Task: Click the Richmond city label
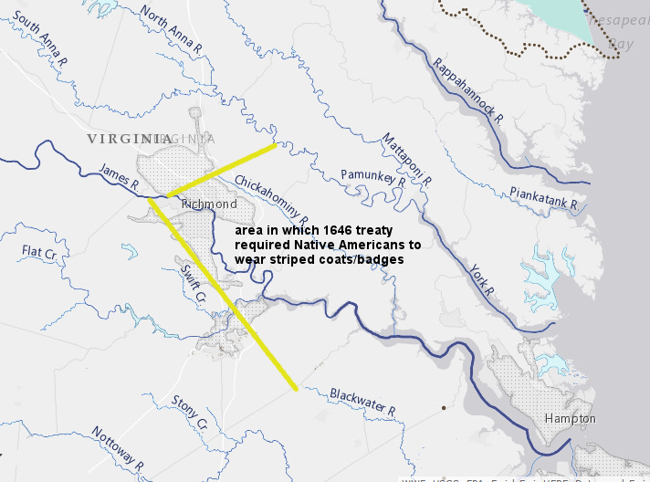pyautogui.click(x=209, y=204)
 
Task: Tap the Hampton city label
pyautogui.click(x=570, y=419)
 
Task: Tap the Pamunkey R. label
pyautogui.click(x=372, y=177)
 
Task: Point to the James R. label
pyautogui.click(x=120, y=176)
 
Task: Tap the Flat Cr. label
pyautogui.click(x=40, y=251)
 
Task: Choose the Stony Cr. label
pyautogui.click(x=190, y=413)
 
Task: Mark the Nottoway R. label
pyautogui.click(x=118, y=445)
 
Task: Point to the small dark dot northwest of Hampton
pyautogui.click(x=443, y=406)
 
